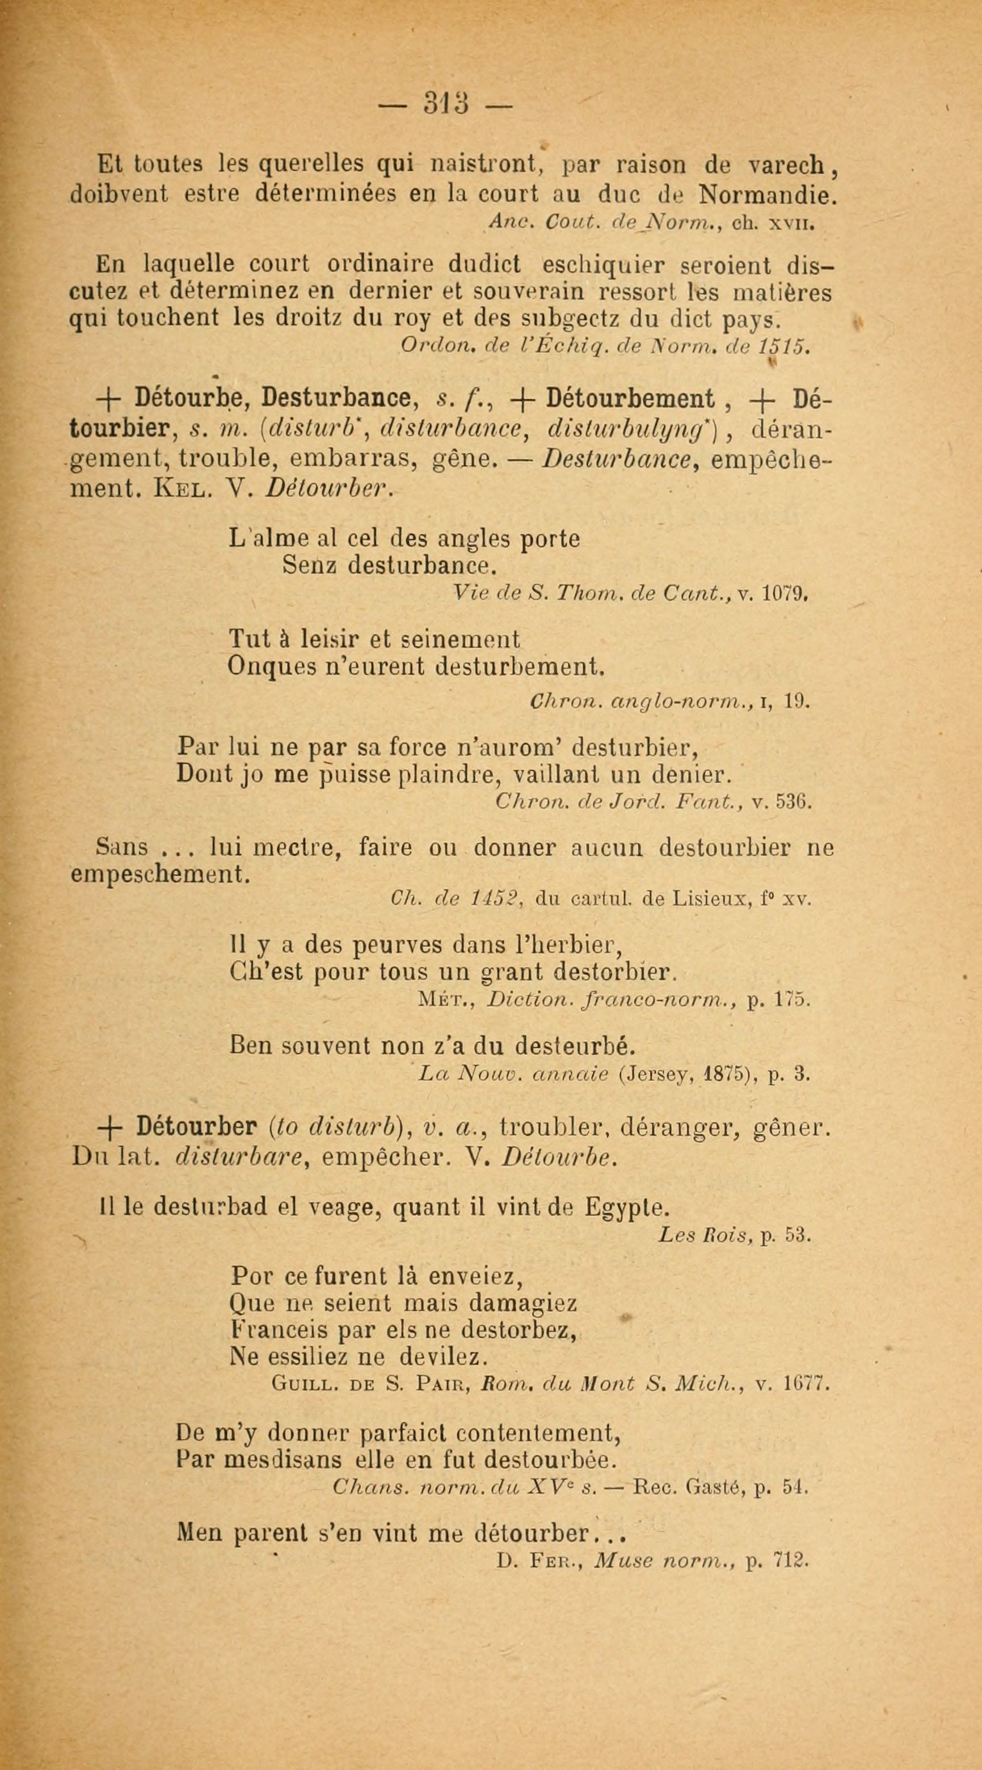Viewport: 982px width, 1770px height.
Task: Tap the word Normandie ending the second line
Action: click(x=768, y=195)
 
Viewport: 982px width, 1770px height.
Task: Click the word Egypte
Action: click(x=626, y=1207)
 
